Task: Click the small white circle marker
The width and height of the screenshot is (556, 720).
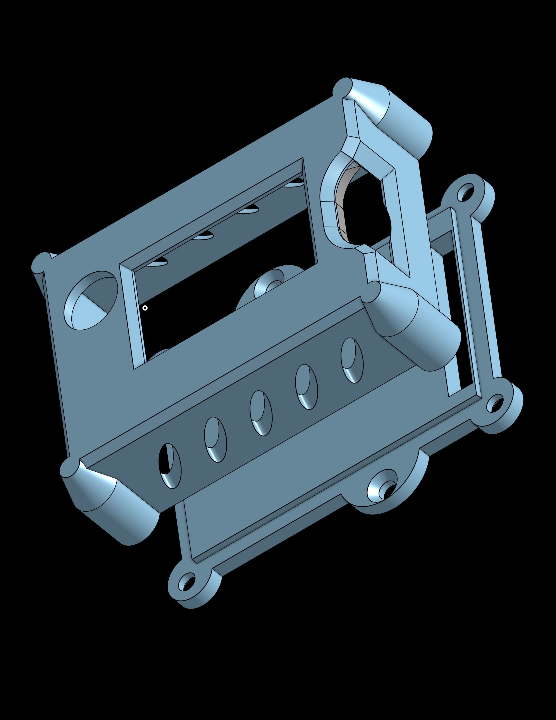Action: pyautogui.click(x=145, y=308)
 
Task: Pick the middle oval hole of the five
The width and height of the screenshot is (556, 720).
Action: pyautogui.click(x=261, y=413)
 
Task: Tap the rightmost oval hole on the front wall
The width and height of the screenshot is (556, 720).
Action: pyautogui.click(x=352, y=360)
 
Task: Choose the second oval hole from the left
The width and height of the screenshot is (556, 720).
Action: pyautogui.click(x=215, y=440)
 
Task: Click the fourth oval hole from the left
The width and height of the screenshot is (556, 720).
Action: pyautogui.click(x=306, y=387)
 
